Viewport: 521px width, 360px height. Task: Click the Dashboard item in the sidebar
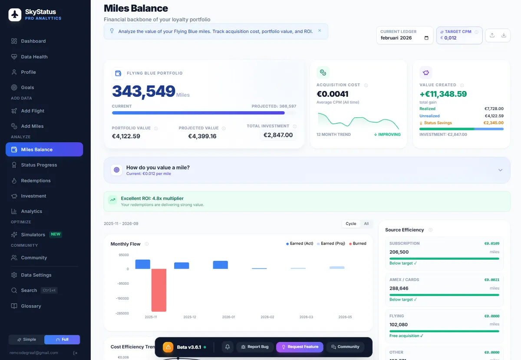[33, 41]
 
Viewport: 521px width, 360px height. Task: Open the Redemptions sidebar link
[36, 181]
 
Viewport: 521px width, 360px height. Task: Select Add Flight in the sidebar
[33, 111]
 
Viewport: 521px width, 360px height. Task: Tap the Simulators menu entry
[33, 234]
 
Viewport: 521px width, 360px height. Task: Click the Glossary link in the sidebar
[31, 306]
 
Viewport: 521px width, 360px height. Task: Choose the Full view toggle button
[63, 339]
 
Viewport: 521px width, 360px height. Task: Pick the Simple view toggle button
[26, 339]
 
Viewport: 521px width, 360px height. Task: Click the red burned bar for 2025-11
[159, 290]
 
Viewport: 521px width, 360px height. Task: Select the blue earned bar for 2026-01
[220, 265]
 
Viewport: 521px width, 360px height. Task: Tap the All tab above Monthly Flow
[366, 224]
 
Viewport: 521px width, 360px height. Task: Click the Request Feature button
[300, 347]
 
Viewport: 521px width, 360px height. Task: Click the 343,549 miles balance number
[143, 92]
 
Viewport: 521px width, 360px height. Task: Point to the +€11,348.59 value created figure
[443, 94]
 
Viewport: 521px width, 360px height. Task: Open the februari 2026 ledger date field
[404, 38]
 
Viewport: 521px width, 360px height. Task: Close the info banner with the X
[320, 31]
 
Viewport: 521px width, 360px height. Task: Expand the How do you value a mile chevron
[500, 170]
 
